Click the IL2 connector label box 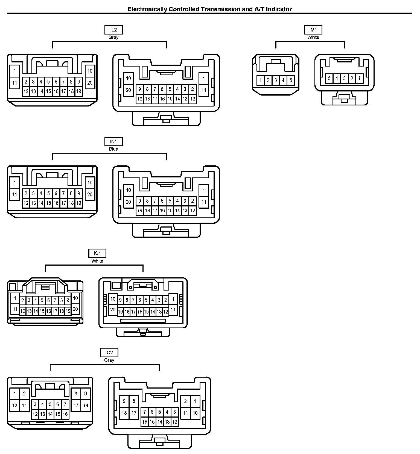tap(113, 30)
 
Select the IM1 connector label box tap(313, 30)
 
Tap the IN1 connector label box tap(113, 141)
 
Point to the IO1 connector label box tap(97, 253)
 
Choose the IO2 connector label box tap(109, 352)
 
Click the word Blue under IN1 tap(113, 149)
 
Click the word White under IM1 tap(313, 37)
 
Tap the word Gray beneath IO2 tap(109, 360)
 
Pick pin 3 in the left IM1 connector tap(276, 80)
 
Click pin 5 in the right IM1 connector tap(329, 79)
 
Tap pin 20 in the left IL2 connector tap(90, 83)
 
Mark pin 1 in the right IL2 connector tap(204, 79)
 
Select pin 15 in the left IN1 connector tap(48, 203)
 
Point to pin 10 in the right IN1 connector tap(128, 190)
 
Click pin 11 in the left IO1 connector tap(15, 309)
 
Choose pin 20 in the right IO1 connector tap(113, 310)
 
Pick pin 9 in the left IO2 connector tap(86, 394)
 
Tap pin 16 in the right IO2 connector tap(145, 422)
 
